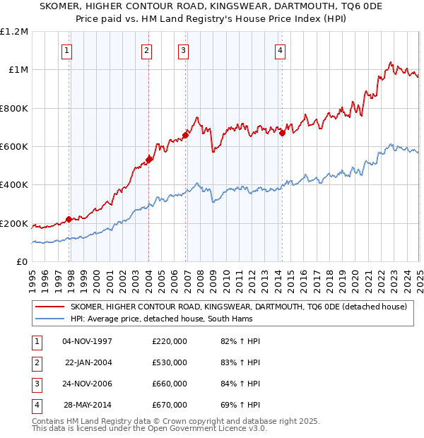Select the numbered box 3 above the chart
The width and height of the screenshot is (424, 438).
tap(183, 50)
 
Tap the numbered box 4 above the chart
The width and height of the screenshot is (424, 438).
tap(280, 50)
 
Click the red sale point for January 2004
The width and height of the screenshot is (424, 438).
tap(149, 160)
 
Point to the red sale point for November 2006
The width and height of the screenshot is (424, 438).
tap(186, 135)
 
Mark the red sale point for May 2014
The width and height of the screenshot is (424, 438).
tap(282, 133)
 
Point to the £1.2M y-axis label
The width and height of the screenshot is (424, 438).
tap(14, 32)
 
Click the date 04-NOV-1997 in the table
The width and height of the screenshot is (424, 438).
tap(88, 342)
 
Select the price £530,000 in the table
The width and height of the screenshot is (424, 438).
tap(170, 362)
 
